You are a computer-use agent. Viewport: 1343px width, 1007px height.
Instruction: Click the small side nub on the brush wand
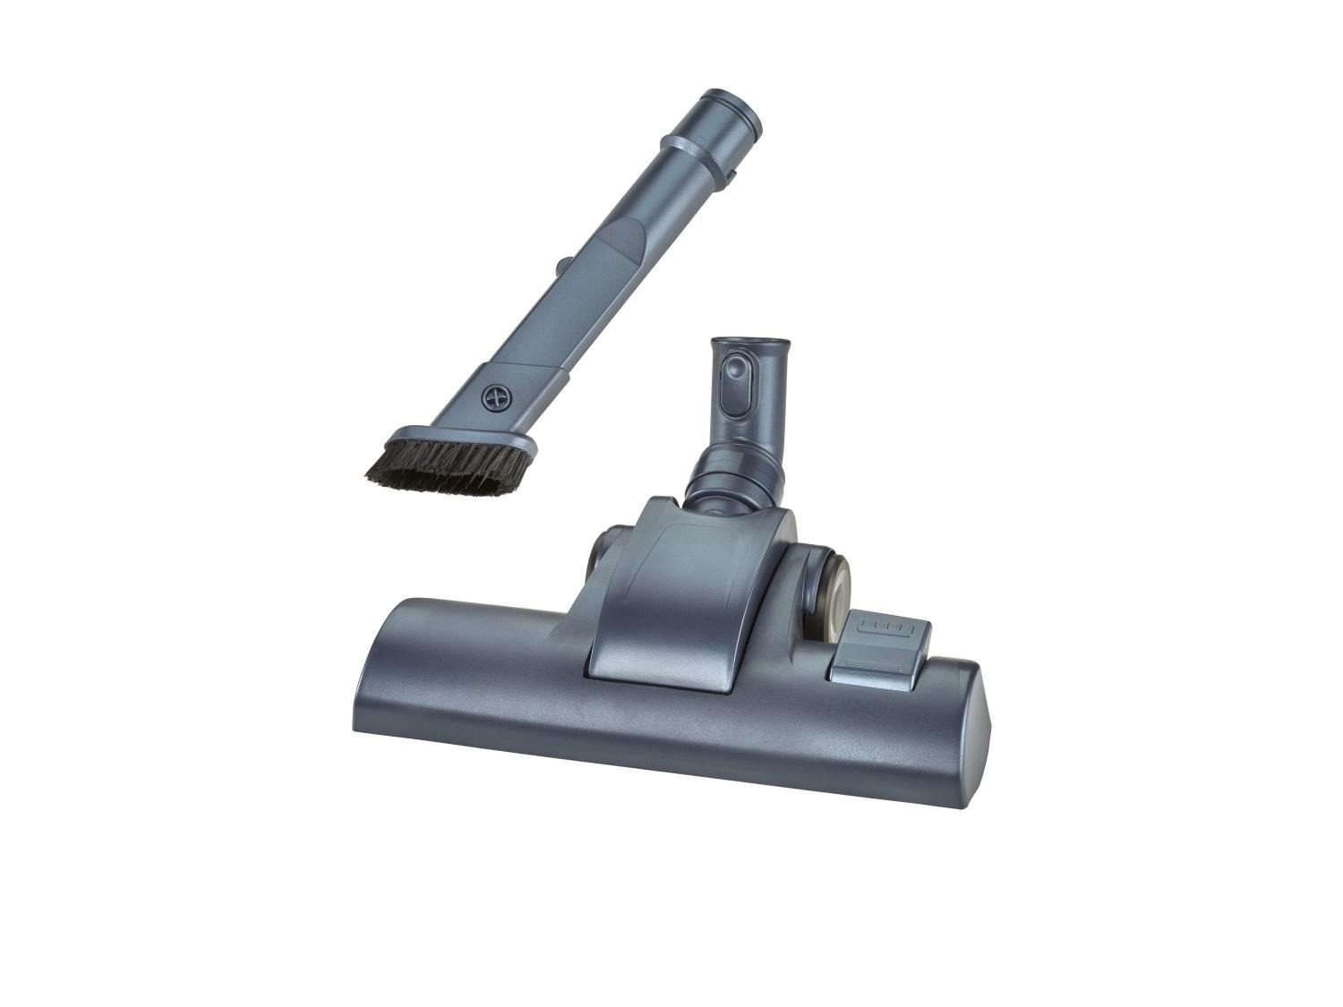[x=562, y=266]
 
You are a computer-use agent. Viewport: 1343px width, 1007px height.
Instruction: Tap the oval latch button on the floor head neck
[x=737, y=383]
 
